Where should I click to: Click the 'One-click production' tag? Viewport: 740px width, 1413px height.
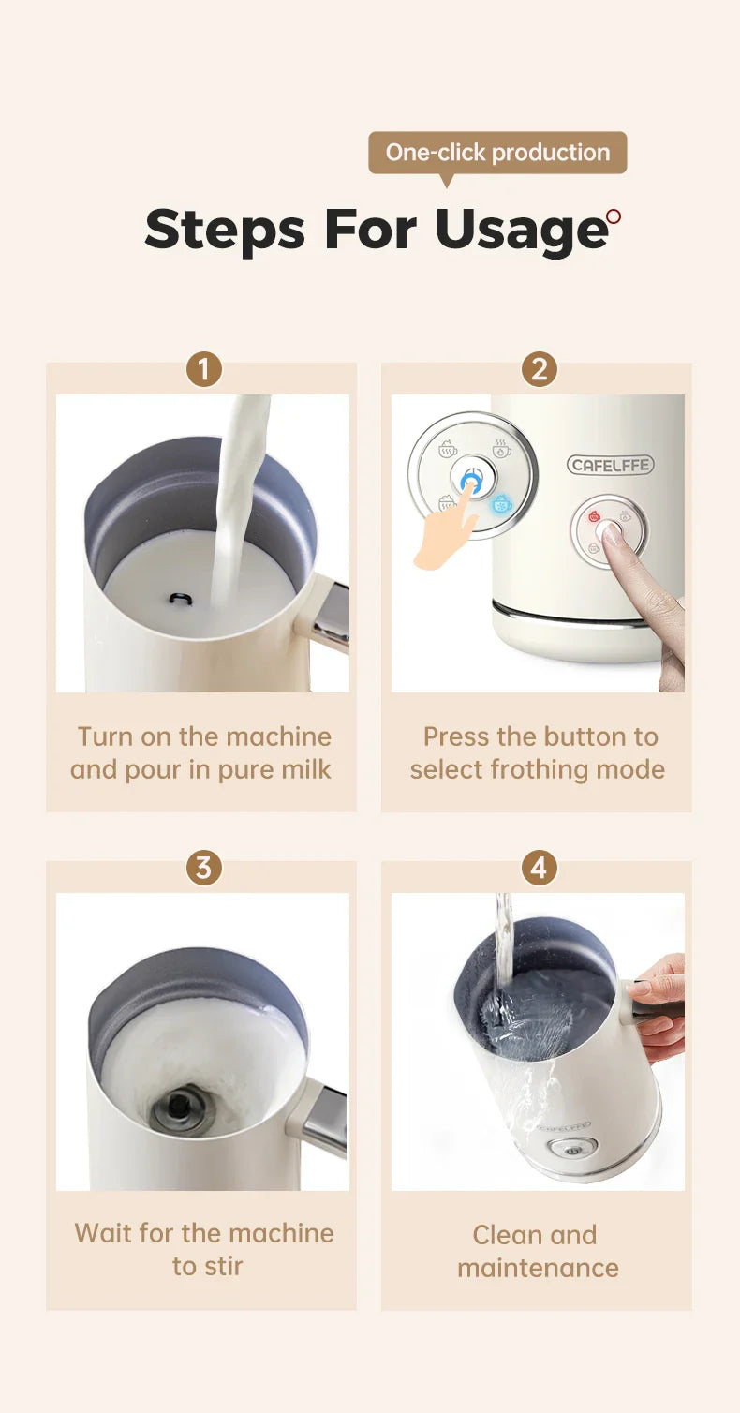coord(497,153)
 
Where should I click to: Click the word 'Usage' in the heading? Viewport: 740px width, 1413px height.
coord(521,230)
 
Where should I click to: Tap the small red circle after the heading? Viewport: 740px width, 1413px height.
coord(614,216)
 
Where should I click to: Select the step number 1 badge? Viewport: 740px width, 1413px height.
coord(203,369)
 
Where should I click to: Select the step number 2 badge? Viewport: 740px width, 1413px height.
coord(539,369)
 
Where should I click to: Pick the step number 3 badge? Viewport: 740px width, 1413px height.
coord(203,868)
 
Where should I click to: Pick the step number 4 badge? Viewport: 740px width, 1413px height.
coord(539,868)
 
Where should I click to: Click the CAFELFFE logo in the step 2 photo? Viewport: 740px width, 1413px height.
coord(610,465)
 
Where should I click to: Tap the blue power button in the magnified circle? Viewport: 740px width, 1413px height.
coord(471,478)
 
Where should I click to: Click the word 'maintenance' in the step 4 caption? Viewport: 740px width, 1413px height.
coord(538,1268)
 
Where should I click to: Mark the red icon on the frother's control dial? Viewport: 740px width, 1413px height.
coord(594,515)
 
